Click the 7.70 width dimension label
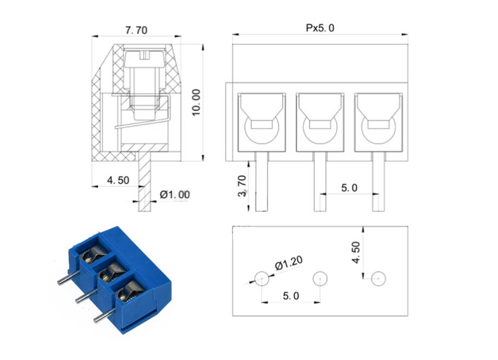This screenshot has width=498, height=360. point(136,30)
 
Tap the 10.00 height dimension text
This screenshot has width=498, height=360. point(196,103)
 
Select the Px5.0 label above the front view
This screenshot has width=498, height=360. point(320,28)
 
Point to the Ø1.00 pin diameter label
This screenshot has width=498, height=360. point(175,194)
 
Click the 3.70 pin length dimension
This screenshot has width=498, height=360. point(242,186)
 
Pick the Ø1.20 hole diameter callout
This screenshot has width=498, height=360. point(289,263)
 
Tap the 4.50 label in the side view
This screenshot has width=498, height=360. point(118,181)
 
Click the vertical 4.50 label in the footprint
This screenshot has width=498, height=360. point(356,252)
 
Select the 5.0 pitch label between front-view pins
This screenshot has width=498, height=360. point(349,188)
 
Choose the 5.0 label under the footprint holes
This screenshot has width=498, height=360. point(291,296)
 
